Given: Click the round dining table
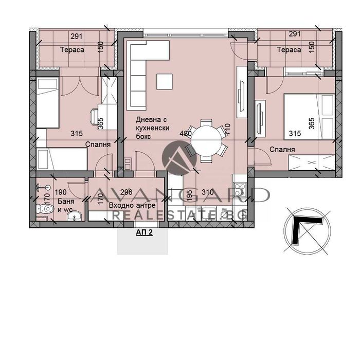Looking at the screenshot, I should pos(206,137).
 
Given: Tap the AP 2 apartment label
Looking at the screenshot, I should pos(144,232).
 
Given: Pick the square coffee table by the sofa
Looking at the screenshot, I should pos(165,81).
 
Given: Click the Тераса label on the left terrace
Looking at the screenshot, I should pos(72,50).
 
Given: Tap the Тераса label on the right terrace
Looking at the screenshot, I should pos(289,50).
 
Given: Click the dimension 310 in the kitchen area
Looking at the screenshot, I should pos(207,192).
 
